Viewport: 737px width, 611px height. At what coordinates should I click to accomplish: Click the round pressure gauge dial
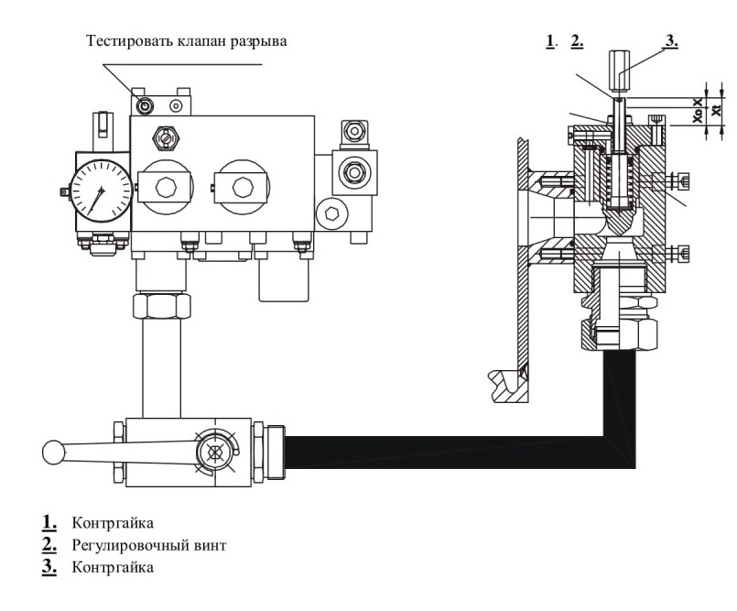tap(101, 191)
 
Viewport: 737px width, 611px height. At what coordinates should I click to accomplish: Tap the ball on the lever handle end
tap(54, 452)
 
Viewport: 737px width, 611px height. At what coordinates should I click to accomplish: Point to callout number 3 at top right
tap(671, 41)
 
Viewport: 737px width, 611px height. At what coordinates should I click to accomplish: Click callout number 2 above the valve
tap(577, 41)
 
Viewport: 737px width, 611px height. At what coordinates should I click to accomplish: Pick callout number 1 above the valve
tap(551, 41)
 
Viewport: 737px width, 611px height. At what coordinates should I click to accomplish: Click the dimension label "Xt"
tap(716, 111)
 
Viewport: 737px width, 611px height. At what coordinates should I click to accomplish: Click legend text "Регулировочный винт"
tap(149, 546)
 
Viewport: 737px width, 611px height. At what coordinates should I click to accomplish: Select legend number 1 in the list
tap(49, 522)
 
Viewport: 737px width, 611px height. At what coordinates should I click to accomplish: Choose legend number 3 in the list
tap(49, 566)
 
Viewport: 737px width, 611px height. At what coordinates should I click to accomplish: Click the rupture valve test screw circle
tap(145, 105)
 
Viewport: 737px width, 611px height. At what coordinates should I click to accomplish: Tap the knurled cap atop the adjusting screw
tap(619, 71)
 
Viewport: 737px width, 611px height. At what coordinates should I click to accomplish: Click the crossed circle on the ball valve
tap(214, 452)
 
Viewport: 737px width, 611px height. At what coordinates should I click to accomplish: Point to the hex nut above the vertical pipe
tap(161, 306)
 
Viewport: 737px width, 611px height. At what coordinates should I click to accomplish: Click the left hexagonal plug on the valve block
tap(166, 187)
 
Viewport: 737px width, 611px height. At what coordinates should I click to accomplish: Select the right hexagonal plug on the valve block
tap(242, 187)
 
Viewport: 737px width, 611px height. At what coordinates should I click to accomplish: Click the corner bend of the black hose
tap(620, 453)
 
